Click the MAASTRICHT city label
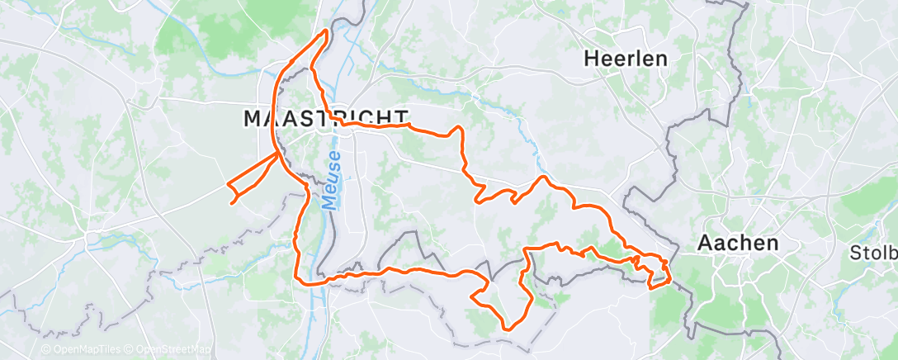coord(325,118)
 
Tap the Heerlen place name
coord(626,59)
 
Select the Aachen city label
coord(738,243)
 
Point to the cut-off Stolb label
coord(873,252)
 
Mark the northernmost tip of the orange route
coord(326,30)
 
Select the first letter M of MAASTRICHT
coord(253,118)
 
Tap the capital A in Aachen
coord(705,243)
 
